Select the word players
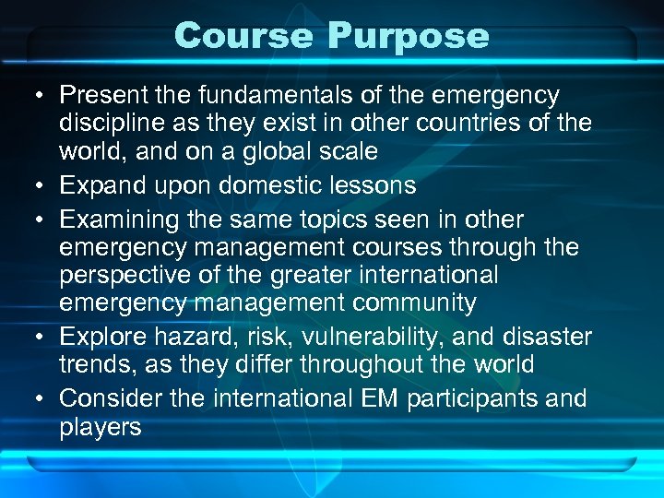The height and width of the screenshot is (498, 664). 101,427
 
